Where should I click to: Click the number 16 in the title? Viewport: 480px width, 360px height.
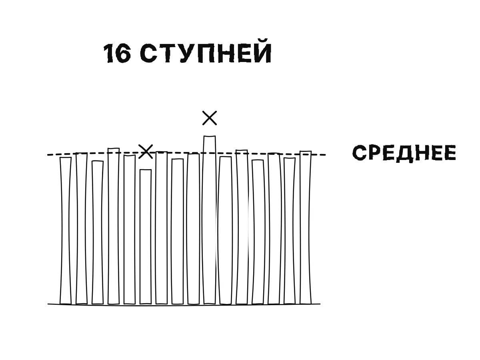(x=117, y=53)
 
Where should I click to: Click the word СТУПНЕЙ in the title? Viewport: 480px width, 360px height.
(x=206, y=51)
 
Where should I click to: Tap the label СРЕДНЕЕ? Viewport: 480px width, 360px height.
(x=404, y=153)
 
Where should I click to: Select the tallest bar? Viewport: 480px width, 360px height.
(x=210, y=220)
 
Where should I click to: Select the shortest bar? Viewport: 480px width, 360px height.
(x=146, y=237)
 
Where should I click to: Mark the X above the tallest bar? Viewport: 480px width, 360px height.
(x=210, y=118)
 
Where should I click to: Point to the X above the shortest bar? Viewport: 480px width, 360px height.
(x=146, y=152)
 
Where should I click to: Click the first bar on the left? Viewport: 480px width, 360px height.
(x=66, y=231)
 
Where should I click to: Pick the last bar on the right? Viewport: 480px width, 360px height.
(x=306, y=227)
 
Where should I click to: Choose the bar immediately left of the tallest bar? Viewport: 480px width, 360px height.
(x=194, y=229)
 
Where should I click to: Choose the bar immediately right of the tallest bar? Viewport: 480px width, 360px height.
(x=226, y=230)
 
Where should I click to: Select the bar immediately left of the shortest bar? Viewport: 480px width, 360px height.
(x=130, y=230)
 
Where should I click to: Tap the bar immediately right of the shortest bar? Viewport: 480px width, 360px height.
(x=162, y=228)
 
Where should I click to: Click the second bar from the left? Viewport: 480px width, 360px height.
(x=82, y=228)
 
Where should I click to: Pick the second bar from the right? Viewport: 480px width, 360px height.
(x=290, y=231)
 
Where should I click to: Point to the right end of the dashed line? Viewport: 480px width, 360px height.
(x=326, y=155)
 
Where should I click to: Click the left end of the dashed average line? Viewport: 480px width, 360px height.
(x=48, y=155)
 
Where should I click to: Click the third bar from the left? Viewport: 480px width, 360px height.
(x=98, y=232)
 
